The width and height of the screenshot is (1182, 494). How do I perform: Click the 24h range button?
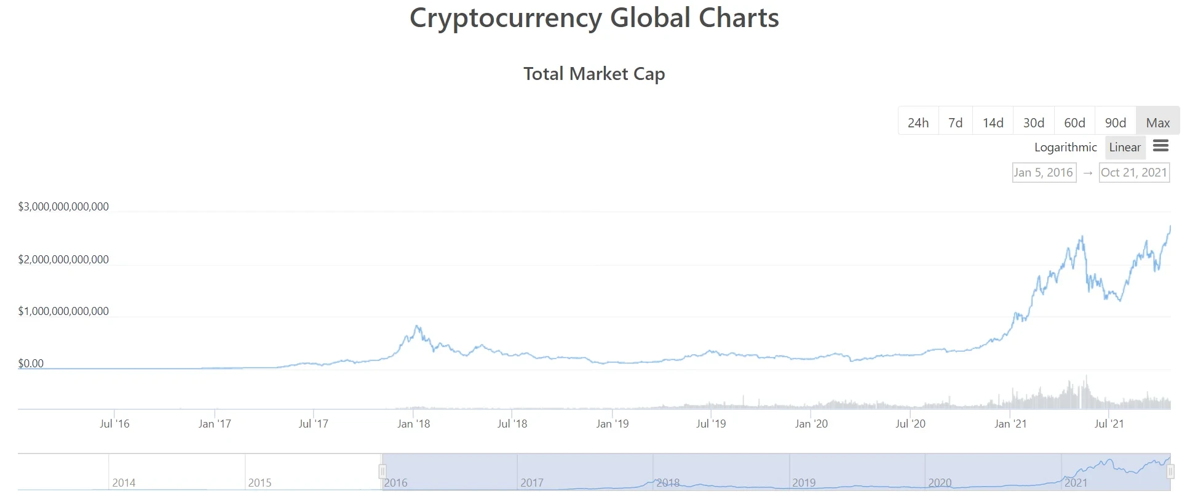pos(918,122)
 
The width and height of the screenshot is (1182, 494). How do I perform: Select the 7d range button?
pos(955,122)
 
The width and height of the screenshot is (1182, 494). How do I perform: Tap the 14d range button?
pos(993,122)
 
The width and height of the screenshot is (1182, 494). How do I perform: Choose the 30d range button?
pos(1033,122)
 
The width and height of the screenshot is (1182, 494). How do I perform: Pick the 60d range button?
pos(1074,122)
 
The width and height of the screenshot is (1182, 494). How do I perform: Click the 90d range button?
pos(1115,122)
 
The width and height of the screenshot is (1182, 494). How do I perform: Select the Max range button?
pos(1157,122)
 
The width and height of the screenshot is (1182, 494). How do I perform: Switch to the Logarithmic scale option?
pos(1065,147)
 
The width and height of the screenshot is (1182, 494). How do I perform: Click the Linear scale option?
pos(1125,147)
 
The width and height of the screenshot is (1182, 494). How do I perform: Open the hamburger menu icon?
pos(1160,146)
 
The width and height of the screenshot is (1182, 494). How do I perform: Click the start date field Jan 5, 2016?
pos(1044,172)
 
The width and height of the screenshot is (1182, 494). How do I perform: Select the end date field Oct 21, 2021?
pos(1133,172)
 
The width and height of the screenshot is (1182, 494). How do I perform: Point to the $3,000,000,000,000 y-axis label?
pos(63,207)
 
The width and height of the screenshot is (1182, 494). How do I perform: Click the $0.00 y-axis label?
pos(31,364)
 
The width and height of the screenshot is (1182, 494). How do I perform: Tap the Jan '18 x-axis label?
pos(413,423)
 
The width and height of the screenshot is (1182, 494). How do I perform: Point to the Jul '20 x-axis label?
pos(910,423)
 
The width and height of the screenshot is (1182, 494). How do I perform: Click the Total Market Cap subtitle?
pos(594,74)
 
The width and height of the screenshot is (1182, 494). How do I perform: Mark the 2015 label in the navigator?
pos(260,483)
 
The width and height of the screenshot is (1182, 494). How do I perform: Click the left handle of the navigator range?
pos(382,472)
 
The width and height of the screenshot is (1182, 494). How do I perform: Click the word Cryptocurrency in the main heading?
pos(506,18)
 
